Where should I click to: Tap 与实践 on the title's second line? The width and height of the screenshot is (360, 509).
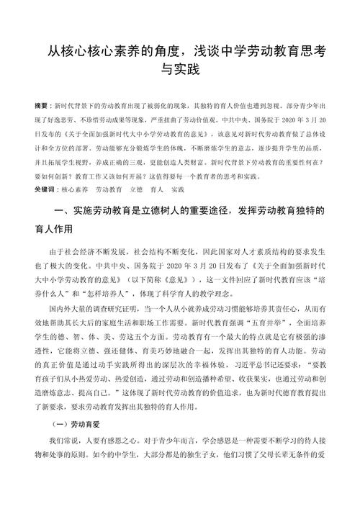(180, 71)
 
